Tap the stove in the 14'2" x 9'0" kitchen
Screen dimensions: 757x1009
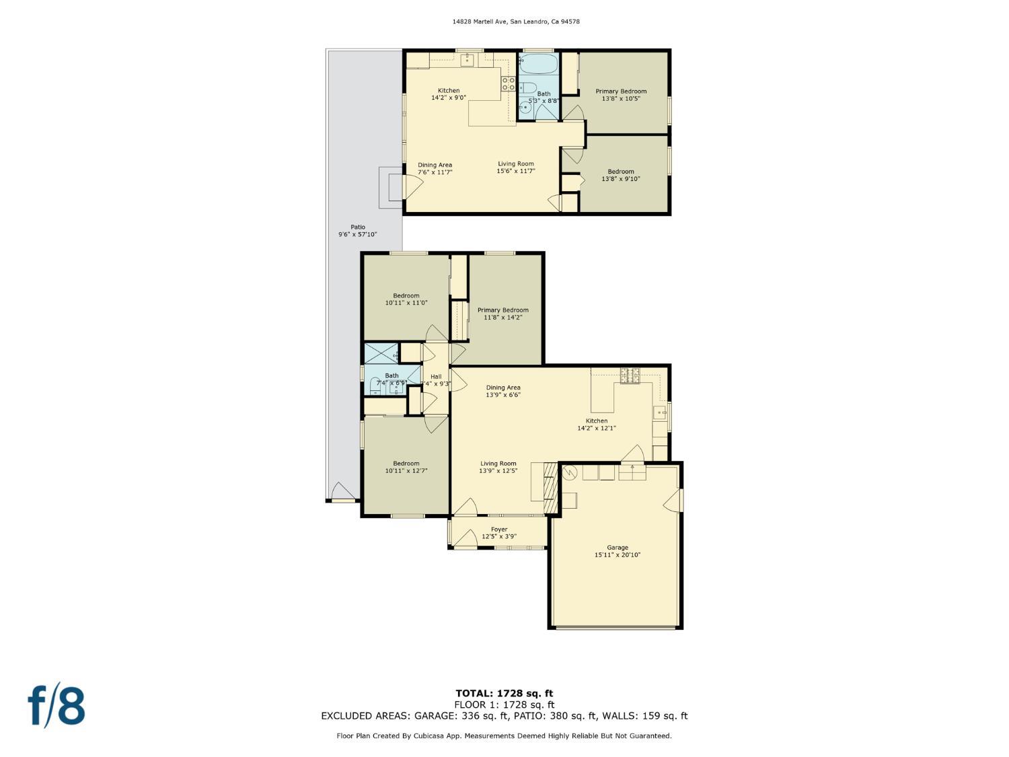(x=509, y=83)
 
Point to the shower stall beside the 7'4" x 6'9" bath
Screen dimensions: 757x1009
(x=381, y=353)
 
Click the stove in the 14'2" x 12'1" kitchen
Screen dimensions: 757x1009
(x=630, y=375)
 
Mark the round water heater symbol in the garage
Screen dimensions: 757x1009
(x=570, y=472)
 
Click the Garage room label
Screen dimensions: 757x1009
(x=617, y=551)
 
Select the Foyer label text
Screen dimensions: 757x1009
(x=498, y=530)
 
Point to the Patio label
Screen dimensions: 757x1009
(x=357, y=227)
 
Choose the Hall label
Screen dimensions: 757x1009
(x=436, y=377)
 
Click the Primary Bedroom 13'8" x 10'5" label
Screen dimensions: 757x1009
(x=621, y=95)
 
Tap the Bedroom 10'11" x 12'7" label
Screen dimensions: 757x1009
(x=406, y=467)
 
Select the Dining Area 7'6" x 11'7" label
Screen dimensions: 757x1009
(x=435, y=168)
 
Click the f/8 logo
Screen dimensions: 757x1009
(x=57, y=705)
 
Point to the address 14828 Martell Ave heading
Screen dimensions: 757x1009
(x=516, y=22)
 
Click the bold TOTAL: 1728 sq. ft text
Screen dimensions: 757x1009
(x=504, y=693)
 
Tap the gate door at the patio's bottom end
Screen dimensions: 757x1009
(x=342, y=493)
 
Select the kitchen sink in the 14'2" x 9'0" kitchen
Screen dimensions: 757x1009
(x=468, y=61)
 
